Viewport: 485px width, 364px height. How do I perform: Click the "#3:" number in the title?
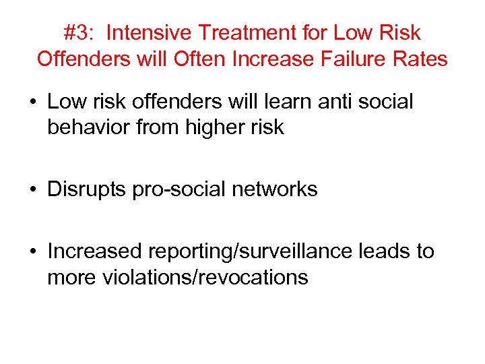(79, 32)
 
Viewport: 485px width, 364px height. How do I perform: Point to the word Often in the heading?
(200, 59)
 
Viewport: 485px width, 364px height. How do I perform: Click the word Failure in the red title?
(360, 59)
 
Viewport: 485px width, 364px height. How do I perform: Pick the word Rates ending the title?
(422, 59)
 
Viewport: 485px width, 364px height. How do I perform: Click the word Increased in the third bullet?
(95, 251)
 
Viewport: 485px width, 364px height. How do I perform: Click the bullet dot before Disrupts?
(34, 190)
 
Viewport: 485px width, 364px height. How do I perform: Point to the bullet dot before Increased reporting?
(34, 252)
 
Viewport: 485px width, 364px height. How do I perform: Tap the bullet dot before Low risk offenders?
(34, 102)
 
